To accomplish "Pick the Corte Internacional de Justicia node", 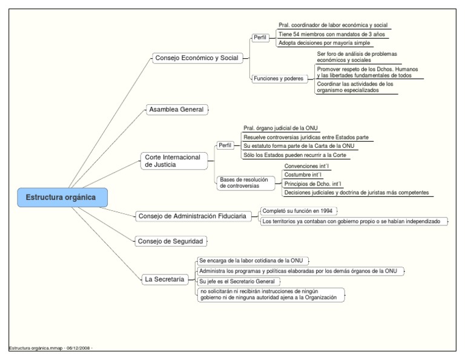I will coord(173,161).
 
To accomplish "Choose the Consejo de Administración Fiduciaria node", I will coord(192,216).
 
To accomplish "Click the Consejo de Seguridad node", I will coord(170,241).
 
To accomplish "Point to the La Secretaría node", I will coord(164,279).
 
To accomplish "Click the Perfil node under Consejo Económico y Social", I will coord(261,38).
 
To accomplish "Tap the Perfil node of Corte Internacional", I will coord(225,146).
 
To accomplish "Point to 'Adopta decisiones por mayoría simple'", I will coord(324,43).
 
